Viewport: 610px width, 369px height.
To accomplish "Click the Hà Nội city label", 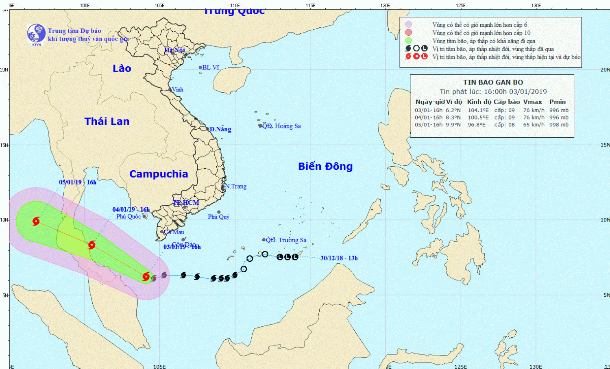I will coord(175,50).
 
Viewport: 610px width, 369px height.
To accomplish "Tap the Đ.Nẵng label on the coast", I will coord(220,129).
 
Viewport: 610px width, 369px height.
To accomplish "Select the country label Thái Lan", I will coord(107,121).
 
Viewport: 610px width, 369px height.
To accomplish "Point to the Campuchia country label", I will coord(159,174).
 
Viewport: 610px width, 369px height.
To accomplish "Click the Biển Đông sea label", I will coord(325,166).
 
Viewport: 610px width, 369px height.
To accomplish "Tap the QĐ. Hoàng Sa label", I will coord(282,126).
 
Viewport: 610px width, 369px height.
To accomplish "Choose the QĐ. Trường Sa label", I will coord(286,240).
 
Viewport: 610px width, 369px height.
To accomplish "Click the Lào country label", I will coord(122,68).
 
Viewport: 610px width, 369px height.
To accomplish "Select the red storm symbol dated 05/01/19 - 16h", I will coord(36,221).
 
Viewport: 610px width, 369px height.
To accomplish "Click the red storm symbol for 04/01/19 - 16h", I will coord(92,245).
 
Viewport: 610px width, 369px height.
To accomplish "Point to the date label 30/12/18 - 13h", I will coord(339,258).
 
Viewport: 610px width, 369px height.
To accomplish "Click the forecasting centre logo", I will coord(36,34).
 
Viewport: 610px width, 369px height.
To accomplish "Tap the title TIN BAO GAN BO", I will coord(493,82).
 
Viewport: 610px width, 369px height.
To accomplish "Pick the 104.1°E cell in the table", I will coord(478,110).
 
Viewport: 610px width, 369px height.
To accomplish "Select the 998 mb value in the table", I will coord(559,125).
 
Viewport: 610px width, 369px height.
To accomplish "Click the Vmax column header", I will coord(532,102).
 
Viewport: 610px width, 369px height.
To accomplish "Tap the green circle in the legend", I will coord(409,41).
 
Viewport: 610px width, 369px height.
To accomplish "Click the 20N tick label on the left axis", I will coord(4,69).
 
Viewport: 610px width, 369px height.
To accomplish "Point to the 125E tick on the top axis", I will coord(461,6).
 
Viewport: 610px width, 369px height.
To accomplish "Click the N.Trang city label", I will coord(236,187).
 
